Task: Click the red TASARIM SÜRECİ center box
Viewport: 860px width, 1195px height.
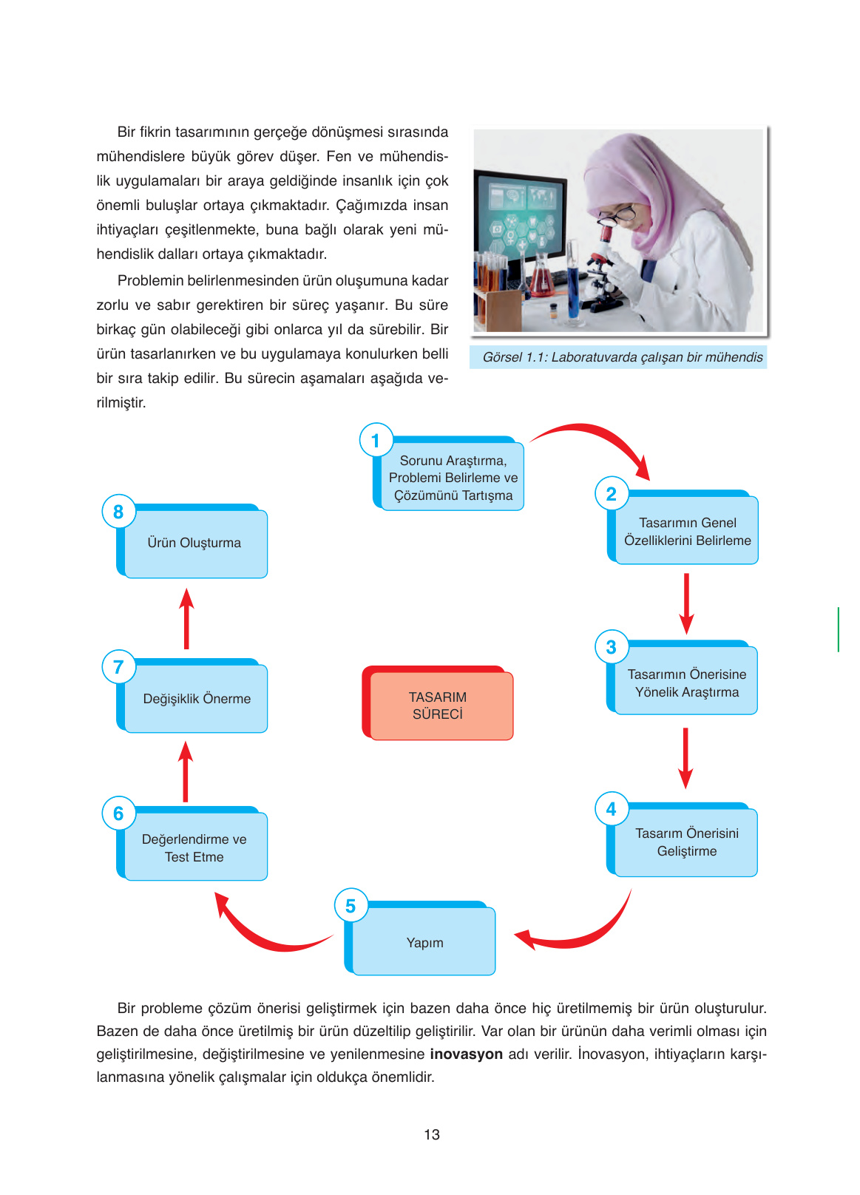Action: [438, 705]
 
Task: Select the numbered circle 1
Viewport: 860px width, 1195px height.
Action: [376, 441]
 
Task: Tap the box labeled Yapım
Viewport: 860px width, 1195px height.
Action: [424, 941]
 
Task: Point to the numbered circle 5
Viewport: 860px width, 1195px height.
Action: [351, 906]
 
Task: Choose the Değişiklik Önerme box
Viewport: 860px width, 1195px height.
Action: [196, 699]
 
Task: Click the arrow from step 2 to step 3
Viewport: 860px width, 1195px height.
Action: [686, 602]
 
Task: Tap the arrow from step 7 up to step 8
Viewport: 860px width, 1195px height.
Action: [186, 619]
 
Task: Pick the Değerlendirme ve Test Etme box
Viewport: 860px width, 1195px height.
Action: [194, 847]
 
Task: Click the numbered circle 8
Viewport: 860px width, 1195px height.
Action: [118, 512]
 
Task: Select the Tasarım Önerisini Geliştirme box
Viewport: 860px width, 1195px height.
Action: [686, 842]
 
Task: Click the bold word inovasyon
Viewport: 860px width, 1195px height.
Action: [466, 1054]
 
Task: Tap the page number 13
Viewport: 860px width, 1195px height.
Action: [432, 1134]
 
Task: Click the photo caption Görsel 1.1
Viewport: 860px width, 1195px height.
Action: [622, 357]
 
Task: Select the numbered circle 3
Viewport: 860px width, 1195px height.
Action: [611, 647]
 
